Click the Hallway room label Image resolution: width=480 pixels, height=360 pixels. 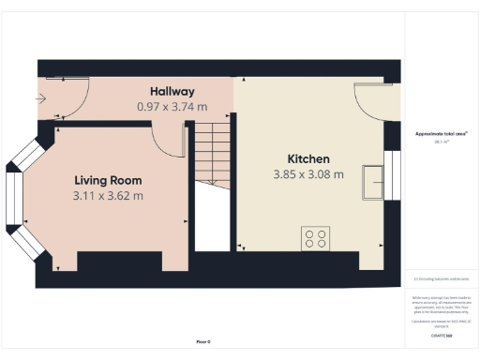(172, 91)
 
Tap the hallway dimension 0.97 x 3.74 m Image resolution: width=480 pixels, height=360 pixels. (172, 106)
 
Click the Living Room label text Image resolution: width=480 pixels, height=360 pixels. (108, 180)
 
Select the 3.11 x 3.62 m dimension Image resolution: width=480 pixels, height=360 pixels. (108, 196)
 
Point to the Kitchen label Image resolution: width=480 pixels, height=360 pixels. (307, 158)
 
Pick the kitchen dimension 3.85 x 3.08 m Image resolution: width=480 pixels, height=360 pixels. (307, 174)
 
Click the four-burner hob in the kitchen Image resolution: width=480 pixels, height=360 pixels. (315, 238)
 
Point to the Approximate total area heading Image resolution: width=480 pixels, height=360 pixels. (442, 134)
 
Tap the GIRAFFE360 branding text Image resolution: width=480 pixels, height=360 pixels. (442, 335)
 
